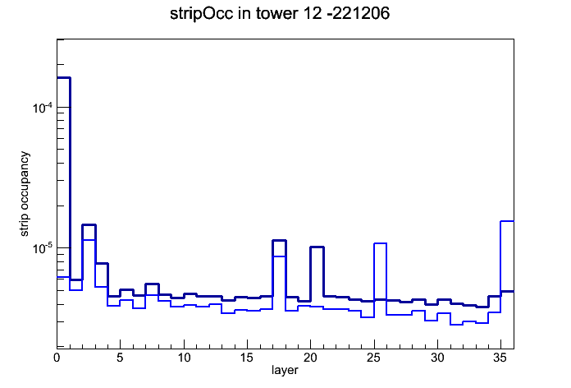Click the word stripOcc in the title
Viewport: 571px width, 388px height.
tap(201, 14)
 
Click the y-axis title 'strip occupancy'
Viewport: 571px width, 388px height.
tap(24, 193)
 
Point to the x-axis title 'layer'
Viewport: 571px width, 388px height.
tap(285, 370)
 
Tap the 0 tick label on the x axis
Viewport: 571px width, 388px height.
tap(57, 358)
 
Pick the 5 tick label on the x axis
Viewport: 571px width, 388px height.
tap(120, 358)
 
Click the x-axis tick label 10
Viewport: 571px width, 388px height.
tap(184, 358)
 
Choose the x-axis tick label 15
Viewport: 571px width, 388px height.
tap(247, 358)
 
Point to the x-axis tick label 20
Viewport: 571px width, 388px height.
tap(310, 358)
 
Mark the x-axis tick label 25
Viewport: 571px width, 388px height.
tap(373, 358)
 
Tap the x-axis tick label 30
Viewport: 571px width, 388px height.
tap(437, 358)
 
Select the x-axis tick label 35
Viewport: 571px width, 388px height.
tap(500, 358)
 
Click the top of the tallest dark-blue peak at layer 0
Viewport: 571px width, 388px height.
tap(63, 78)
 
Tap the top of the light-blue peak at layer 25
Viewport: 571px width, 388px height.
tap(380, 242)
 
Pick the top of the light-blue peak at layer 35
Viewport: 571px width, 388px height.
tap(507, 221)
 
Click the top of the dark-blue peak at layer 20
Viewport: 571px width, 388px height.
tap(317, 247)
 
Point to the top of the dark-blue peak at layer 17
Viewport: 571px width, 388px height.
tap(279, 240)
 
